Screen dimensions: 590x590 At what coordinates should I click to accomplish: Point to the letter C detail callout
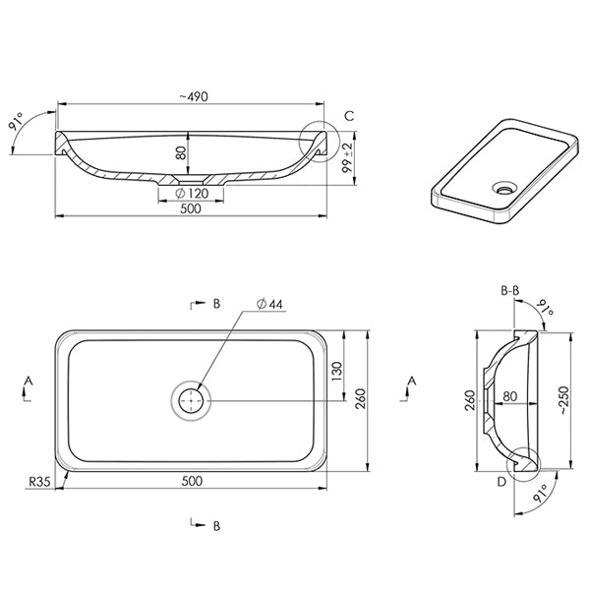[348, 117]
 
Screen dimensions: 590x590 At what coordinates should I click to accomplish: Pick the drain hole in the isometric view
[507, 186]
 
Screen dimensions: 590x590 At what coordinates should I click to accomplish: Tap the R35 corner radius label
[38, 482]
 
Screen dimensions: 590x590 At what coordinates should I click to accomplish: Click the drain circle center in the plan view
[191, 400]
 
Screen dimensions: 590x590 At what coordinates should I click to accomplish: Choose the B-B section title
[510, 290]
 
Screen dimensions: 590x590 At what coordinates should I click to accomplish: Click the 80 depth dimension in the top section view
[180, 152]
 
